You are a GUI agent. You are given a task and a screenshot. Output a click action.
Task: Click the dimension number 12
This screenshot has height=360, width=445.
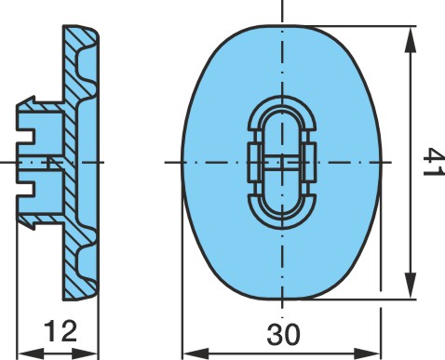pyautogui.click(x=61, y=331)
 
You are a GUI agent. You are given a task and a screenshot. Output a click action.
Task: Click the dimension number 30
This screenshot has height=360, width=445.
pyautogui.click(x=284, y=335)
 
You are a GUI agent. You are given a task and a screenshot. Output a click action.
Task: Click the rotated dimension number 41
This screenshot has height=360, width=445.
pyautogui.click(x=434, y=162)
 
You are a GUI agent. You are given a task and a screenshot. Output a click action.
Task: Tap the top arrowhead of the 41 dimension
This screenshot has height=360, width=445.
pyautogui.click(x=411, y=40)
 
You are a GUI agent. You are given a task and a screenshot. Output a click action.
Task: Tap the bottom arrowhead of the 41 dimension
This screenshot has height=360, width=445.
pyautogui.click(x=411, y=287)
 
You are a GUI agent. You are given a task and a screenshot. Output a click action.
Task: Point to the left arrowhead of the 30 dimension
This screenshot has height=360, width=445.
pyautogui.click(x=196, y=353)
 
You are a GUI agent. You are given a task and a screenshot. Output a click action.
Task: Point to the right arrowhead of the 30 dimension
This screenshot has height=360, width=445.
pyautogui.click(x=368, y=353)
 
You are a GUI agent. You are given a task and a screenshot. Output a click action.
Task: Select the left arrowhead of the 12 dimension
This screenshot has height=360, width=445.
pyautogui.click(x=30, y=353)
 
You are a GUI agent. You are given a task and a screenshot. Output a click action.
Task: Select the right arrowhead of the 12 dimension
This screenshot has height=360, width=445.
pyautogui.click(x=86, y=353)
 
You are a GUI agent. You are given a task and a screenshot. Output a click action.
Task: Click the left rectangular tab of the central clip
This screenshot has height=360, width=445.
pyautogui.click(x=255, y=162)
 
